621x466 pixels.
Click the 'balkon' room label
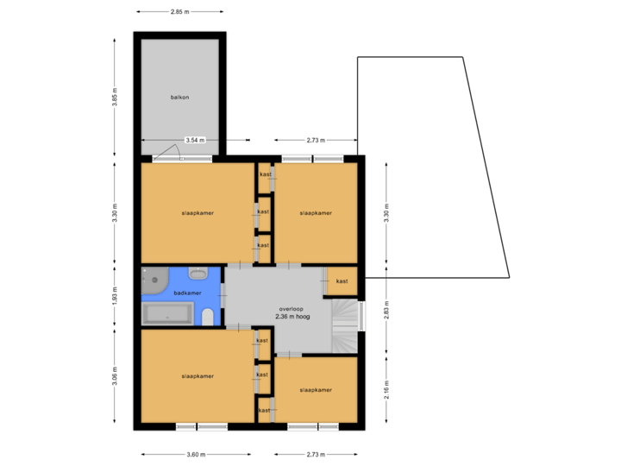coord(179,98)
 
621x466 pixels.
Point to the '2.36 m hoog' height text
coord(292,317)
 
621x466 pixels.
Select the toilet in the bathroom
coord(207,318)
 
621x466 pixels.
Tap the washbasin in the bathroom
coord(198,274)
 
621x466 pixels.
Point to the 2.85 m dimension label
coord(179,12)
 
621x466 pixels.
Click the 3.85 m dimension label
coord(115,98)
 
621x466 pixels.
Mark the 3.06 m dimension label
coord(115,376)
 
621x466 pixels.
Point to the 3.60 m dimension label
coord(197,454)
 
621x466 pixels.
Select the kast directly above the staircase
coord(342,281)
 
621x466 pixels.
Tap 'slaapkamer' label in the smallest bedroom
coord(316,390)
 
